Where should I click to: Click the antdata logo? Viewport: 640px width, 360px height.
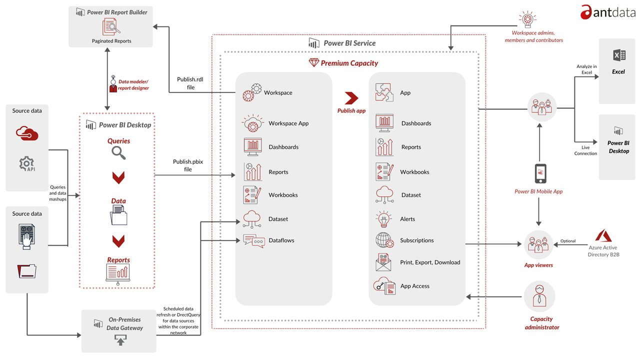point(608,12)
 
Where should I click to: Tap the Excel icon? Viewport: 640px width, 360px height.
point(618,55)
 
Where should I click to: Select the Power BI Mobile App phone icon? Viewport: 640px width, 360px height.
point(540,173)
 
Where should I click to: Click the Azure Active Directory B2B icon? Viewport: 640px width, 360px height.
point(603,236)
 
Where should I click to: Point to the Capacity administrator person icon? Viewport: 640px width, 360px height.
point(539,296)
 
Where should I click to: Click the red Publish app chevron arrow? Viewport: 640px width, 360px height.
point(351,98)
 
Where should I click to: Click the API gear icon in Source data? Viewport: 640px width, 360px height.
point(26,163)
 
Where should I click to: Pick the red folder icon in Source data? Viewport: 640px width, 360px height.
point(26,271)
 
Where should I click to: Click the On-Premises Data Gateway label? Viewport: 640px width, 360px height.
point(124,323)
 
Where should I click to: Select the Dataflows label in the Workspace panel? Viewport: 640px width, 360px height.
point(281,240)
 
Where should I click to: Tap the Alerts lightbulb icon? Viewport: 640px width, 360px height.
point(383,219)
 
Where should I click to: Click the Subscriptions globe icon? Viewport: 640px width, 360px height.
point(384,240)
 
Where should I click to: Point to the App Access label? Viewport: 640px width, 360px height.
point(414,286)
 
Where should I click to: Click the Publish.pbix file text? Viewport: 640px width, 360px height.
point(189,165)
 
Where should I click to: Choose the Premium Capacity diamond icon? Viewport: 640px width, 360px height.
point(313,63)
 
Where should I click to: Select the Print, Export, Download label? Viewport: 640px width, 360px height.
point(429,262)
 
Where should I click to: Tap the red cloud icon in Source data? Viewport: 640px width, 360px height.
point(27,133)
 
